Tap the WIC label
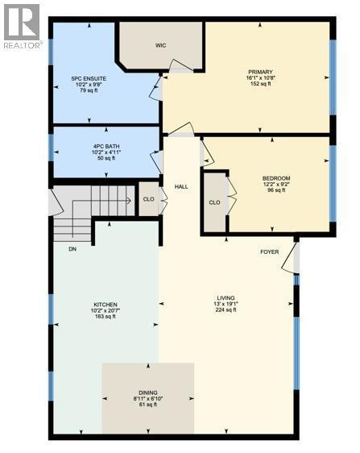(159, 45)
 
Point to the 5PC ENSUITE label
(89, 77)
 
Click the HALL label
(181, 187)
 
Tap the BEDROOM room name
(275, 178)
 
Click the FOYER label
(269, 251)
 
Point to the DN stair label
(72, 248)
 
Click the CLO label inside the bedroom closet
(214, 202)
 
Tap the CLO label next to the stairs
(148, 198)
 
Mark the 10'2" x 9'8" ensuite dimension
(89, 85)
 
